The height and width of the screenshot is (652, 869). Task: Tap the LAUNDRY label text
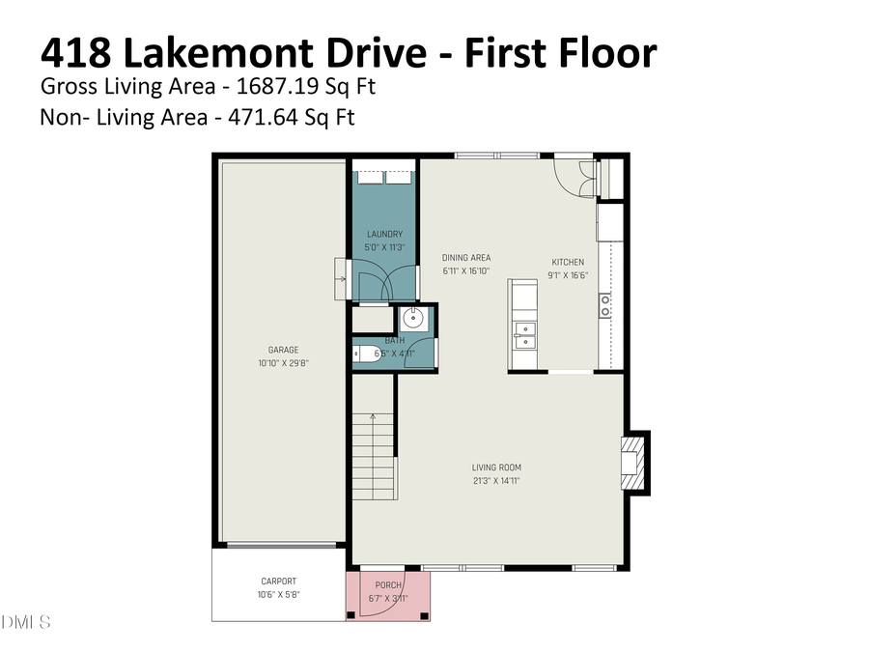[x=384, y=235]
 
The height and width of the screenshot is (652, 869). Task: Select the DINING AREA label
[x=466, y=258]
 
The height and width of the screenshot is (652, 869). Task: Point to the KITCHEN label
[x=568, y=262]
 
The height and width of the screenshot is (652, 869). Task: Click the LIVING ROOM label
[x=496, y=468]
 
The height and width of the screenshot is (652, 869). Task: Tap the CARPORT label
[x=278, y=581]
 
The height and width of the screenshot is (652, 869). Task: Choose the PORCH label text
[x=388, y=585]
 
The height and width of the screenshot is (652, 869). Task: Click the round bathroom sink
[x=417, y=318]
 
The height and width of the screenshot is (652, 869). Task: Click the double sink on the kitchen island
[x=523, y=334]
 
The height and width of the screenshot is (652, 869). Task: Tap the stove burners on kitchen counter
[x=605, y=305]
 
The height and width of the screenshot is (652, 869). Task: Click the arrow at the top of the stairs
[x=373, y=417]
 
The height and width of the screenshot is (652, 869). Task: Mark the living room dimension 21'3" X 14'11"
[x=496, y=480]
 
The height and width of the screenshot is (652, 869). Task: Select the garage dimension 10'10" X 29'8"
[x=283, y=363]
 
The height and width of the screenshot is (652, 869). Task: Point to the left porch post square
[x=351, y=614]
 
